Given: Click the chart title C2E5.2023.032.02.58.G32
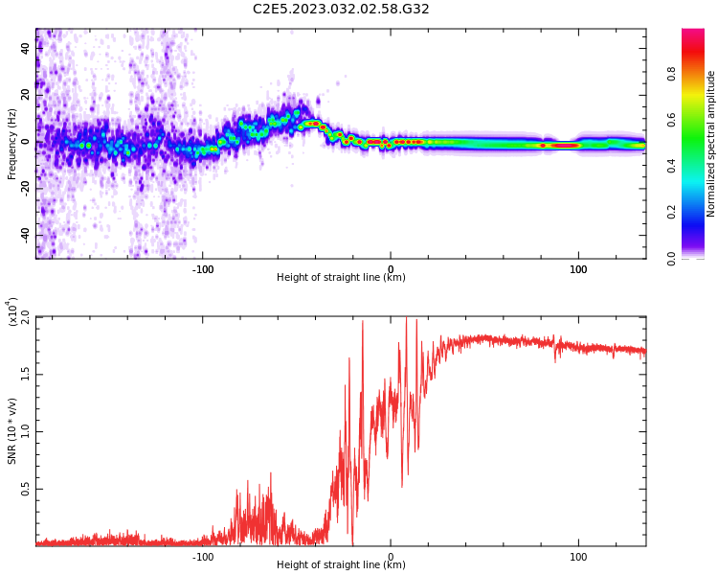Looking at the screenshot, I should [x=341, y=9].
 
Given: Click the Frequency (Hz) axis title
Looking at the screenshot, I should [x=11, y=143].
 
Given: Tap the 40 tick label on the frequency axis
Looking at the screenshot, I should [x=26, y=48].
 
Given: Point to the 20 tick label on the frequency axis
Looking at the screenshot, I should [x=26, y=95].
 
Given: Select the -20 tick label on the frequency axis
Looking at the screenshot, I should [x=26, y=189].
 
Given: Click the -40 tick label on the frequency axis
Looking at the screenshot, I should [x=26, y=235].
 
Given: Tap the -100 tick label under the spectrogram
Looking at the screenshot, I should [x=202, y=269].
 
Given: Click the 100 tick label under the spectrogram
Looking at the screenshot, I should [x=578, y=269].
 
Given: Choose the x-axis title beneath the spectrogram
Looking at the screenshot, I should [x=341, y=278].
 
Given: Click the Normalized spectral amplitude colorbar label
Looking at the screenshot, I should [x=711, y=143].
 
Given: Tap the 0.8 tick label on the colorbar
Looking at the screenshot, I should [x=699, y=73].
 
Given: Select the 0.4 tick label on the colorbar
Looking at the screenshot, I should [x=699, y=166].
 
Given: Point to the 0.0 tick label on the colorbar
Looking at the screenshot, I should [x=699, y=258].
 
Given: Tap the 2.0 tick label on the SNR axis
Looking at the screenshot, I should [x=26, y=316].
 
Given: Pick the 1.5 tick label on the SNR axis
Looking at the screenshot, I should [x=26, y=374].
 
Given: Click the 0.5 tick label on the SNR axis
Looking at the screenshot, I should [x=26, y=489].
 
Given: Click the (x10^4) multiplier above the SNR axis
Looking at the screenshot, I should [x=11, y=312].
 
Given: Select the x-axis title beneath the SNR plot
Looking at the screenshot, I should [x=341, y=565].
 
